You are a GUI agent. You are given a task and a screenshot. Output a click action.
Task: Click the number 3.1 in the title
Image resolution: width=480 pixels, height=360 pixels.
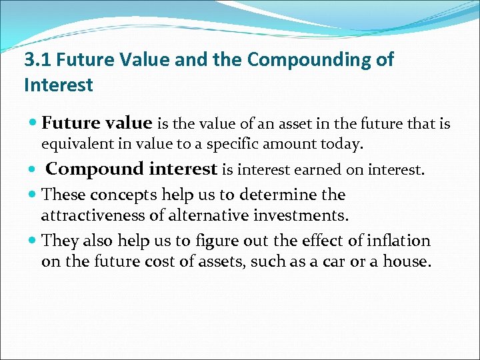[x=37, y=60]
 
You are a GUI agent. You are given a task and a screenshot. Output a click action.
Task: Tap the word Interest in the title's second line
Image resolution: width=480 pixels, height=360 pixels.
[x=59, y=85]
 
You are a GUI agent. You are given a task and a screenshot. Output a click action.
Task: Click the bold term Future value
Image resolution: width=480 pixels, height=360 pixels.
[x=97, y=123]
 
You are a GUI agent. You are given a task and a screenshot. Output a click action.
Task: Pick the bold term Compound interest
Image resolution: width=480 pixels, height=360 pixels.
[x=131, y=169]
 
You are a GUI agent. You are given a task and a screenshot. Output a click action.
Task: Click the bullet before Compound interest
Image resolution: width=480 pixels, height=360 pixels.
[x=33, y=170]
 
